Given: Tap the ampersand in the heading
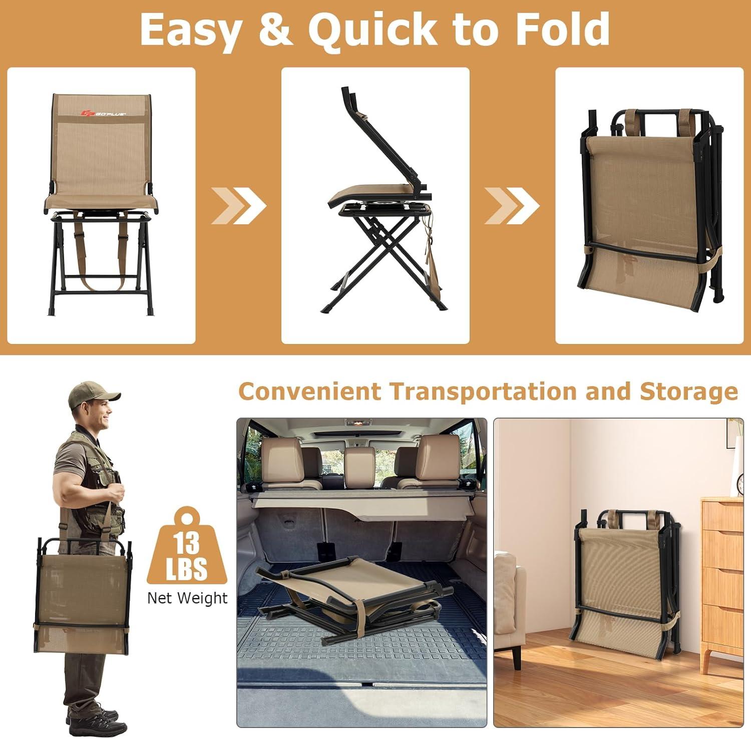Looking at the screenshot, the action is point(275,30).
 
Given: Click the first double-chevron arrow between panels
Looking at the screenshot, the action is point(238,205).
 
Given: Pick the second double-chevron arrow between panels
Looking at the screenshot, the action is point(512,205).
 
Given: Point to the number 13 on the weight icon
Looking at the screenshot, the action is point(187,542).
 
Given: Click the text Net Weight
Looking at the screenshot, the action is point(187,598).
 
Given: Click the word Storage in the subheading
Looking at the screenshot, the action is point(689,392).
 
